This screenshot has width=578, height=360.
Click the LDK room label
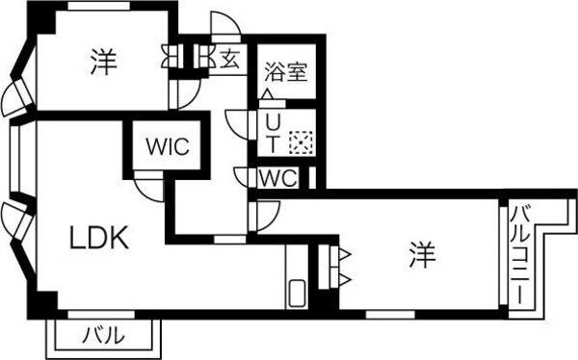tap(97, 238)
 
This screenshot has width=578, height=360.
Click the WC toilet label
tap(277, 179)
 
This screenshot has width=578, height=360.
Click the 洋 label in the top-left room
tap(104, 64)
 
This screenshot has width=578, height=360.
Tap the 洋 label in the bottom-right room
tap(421, 256)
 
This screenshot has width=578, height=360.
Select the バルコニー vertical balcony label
tap(517, 253)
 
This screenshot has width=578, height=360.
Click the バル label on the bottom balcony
tap(102, 336)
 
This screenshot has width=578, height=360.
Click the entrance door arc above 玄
tap(224, 27)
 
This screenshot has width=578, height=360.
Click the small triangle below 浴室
tap(267, 94)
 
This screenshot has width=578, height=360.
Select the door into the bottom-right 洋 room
tap(262, 213)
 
